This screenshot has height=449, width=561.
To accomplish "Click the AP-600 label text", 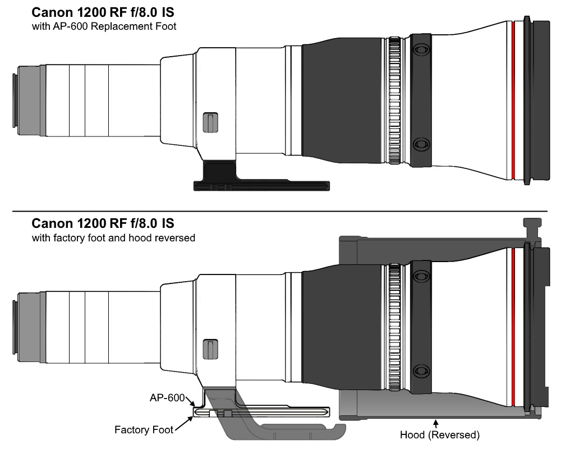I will tap(166, 397).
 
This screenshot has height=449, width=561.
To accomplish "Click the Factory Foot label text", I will tap(144, 430).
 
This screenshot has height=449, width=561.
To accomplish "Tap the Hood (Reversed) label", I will tap(439, 435).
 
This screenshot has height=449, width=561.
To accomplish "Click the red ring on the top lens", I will tap(513, 98).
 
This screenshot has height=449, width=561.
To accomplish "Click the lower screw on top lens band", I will tap(420, 145).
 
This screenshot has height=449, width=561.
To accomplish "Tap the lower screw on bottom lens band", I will tap(420, 372).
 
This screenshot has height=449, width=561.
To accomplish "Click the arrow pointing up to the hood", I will tap(436, 422).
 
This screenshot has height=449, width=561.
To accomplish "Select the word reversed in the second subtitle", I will tap(175, 238).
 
